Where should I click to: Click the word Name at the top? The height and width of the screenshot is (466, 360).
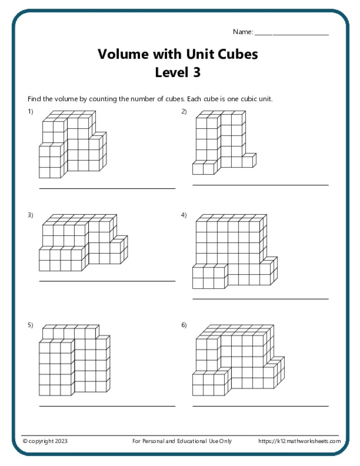tap(243, 32)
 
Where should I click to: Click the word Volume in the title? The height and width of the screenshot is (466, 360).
tap(121, 54)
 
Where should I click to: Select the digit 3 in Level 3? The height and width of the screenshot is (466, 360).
tap(196, 72)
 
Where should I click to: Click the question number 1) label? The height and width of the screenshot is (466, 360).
tap(31, 112)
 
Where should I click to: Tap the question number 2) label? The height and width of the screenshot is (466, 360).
tap(184, 112)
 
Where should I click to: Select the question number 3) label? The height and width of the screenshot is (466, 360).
tap(31, 215)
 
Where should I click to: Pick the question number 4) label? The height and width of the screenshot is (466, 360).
tap(184, 215)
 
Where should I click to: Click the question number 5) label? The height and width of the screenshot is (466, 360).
tap(31, 325)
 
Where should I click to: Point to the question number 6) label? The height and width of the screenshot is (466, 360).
tap(184, 325)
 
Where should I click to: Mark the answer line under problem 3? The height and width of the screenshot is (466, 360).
tap(107, 281)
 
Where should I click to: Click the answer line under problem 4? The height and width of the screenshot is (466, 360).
tap(260, 299)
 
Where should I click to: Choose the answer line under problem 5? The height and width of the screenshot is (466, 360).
tap(107, 406)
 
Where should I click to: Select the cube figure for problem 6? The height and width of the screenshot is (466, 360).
tap(238, 360)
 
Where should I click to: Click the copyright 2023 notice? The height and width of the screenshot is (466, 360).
tap(45, 441)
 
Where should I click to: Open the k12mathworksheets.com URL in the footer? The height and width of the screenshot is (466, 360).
tap(299, 441)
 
